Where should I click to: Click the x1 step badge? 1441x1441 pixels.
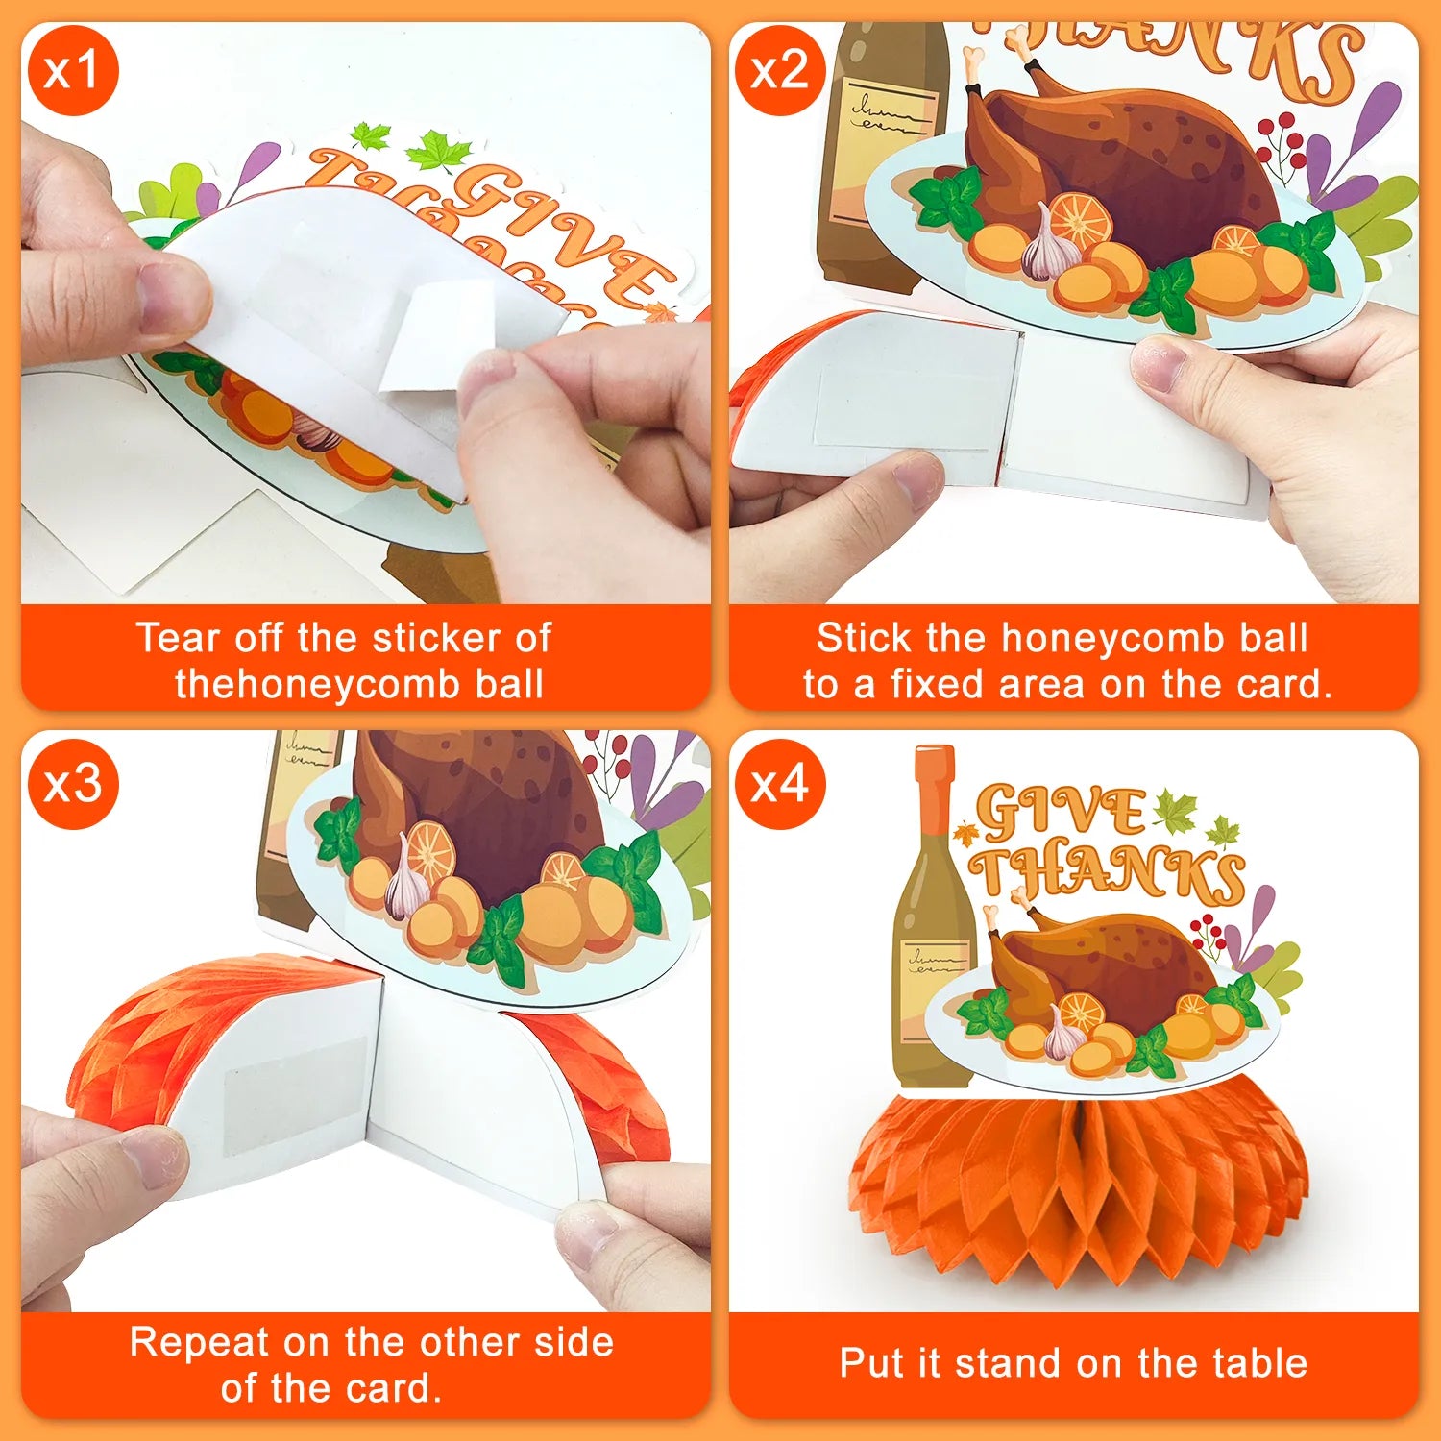[x=73, y=70]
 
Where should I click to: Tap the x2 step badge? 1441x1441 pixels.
[x=779, y=70]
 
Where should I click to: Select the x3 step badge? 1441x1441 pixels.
[x=73, y=784]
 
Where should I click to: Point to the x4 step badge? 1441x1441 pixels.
[x=779, y=784]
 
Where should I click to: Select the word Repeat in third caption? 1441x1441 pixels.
[x=199, y=1343]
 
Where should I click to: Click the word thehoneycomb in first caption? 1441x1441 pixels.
[x=305, y=684]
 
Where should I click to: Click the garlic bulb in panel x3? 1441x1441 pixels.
[x=407, y=884]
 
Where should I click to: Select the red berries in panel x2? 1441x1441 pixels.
[x=1281, y=145]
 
